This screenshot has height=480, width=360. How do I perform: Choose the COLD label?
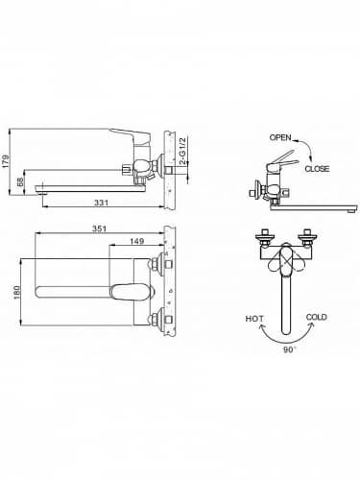(x=318, y=317)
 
